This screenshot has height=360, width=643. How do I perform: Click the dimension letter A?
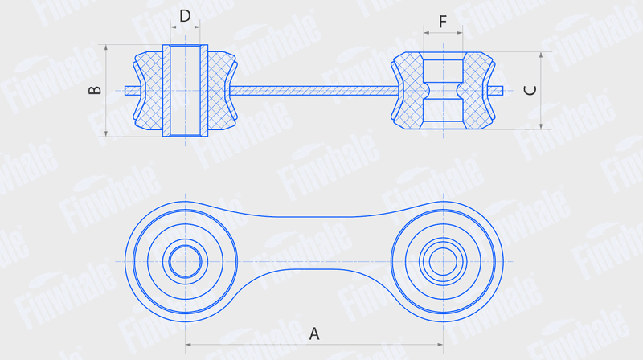[x=314, y=333]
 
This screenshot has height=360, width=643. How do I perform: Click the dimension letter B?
[x=95, y=90]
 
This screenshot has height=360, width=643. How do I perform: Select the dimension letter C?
[x=530, y=90]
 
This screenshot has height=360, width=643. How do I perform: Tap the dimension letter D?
[x=186, y=16]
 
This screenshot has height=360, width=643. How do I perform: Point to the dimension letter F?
[x=443, y=22]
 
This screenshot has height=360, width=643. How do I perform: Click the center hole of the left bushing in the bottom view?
[x=186, y=262]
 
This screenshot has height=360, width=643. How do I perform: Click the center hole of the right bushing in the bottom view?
[x=444, y=262]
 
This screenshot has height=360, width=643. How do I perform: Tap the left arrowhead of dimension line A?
[x=189, y=345]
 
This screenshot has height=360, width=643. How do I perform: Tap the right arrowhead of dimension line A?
[x=440, y=345]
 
